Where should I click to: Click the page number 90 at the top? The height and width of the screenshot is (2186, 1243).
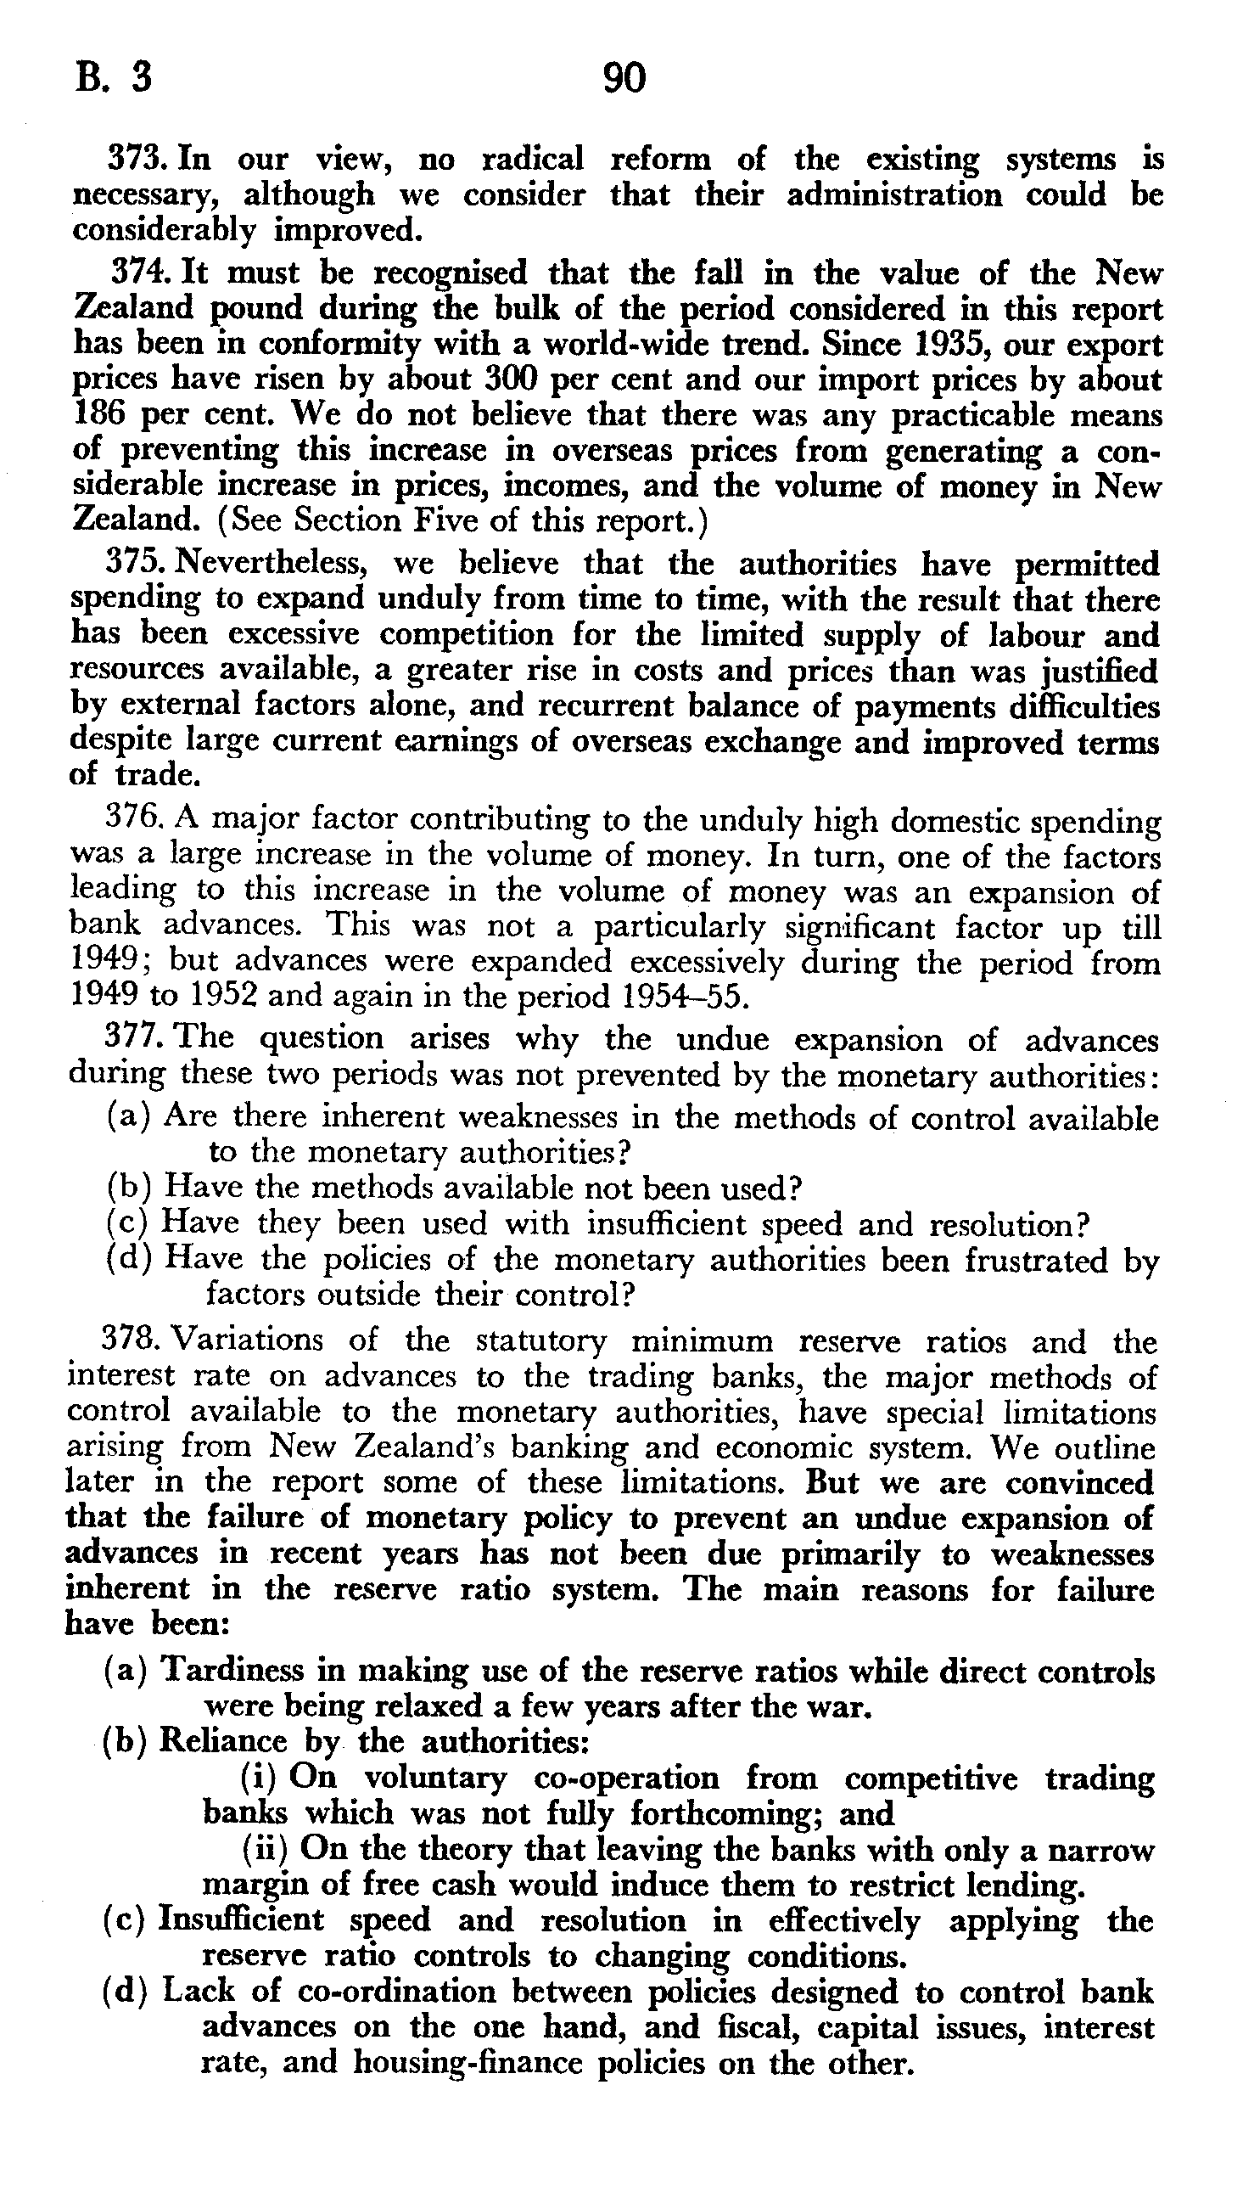coord(624,79)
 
